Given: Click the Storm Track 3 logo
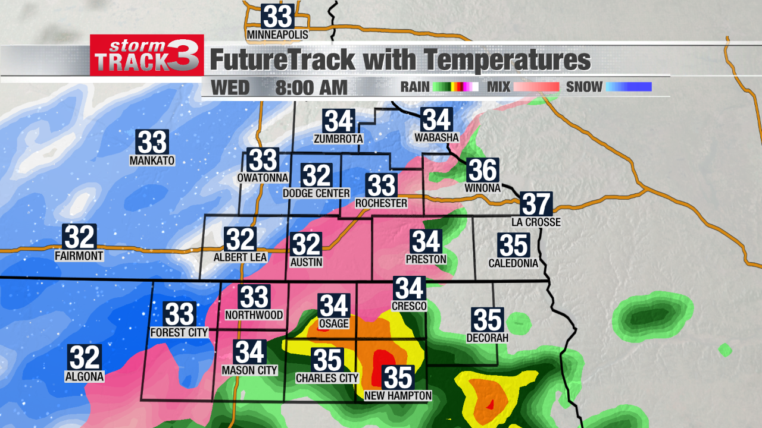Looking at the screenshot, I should click(x=146, y=55).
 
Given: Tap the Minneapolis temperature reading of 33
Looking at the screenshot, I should click(x=277, y=16).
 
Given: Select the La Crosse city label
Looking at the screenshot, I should click(x=536, y=222).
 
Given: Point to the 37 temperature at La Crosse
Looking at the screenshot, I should click(x=536, y=204).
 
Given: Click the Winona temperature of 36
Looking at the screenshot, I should click(x=482, y=171).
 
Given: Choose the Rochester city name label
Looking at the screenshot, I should click(x=381, y=203).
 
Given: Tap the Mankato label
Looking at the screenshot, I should click(x=152, y=160).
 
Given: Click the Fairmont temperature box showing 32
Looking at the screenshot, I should click(x=79, y=237).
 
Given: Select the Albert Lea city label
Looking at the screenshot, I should click(x=241, y=257).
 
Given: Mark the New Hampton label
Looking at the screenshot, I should click(x=398, y=396).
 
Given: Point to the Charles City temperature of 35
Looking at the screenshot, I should click(x=327, y=360).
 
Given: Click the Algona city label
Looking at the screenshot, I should click(x=85, y=376).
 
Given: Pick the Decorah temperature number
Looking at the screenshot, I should click(x=488, y=320).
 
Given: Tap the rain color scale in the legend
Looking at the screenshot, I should click(x=455, y=87).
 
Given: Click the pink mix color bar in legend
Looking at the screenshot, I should click(x=537, y=87).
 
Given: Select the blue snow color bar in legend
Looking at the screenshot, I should click(x=629, y=87).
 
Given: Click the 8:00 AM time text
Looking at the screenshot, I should click(x=311, y=87).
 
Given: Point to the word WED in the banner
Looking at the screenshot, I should click(x=230, y=87).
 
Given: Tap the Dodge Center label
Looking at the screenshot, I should click(x=316, y=193).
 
